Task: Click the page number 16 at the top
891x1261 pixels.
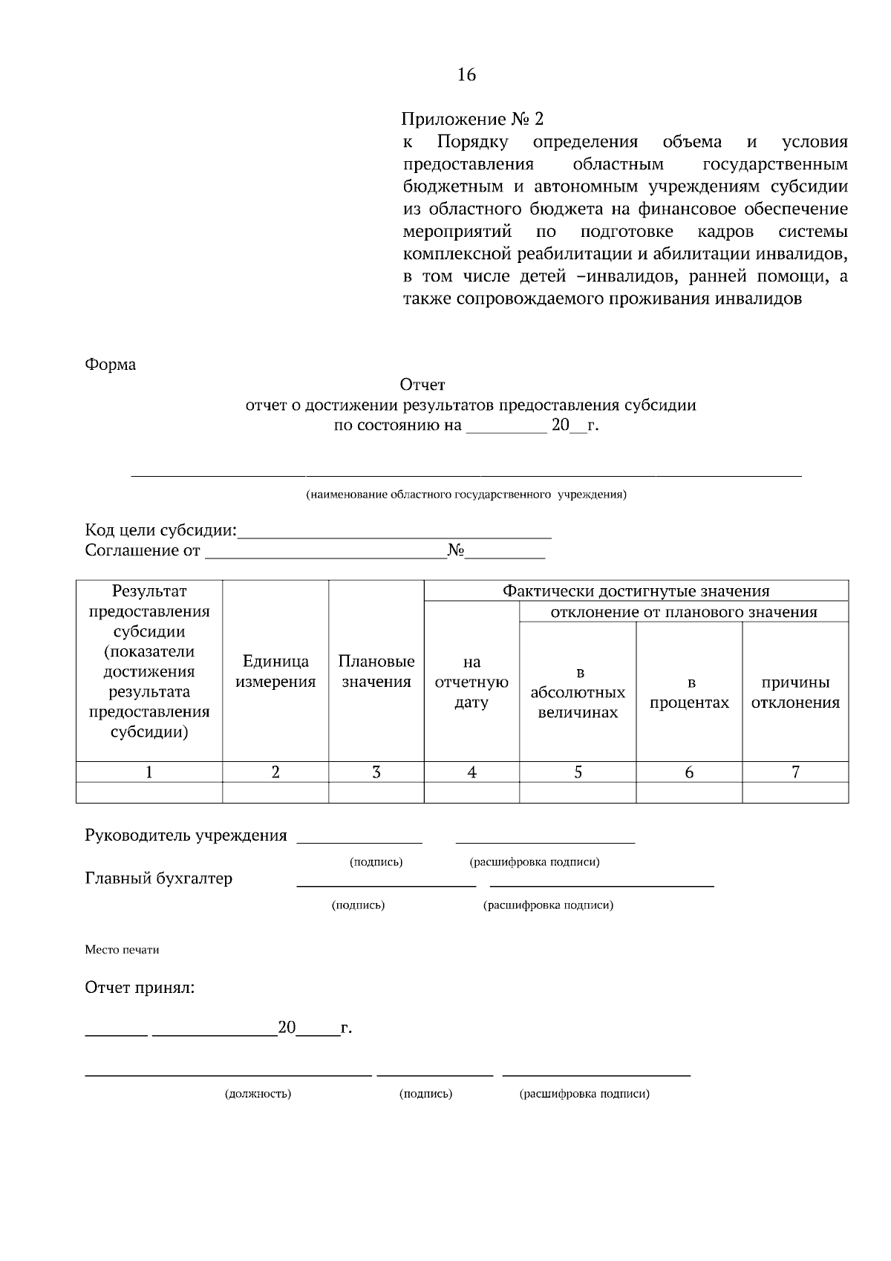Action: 466,75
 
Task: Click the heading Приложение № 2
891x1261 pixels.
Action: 472,119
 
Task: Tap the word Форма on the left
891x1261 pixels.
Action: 111,365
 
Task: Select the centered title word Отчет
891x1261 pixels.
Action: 422,385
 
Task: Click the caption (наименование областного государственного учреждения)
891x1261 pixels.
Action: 466,495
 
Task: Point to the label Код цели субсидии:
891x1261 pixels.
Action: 160,530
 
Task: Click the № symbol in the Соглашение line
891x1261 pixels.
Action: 455,550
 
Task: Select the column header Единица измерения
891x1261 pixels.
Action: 275,671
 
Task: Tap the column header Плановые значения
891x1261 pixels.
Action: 376,671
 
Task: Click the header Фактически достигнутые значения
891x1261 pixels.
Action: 636,591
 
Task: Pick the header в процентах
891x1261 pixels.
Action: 689,692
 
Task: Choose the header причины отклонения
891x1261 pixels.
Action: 795,692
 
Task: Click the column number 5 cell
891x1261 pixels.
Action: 578,772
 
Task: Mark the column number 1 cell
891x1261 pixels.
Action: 149,772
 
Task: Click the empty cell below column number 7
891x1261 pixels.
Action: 795,792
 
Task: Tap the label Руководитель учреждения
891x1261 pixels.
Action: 186,835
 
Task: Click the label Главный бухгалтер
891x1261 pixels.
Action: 159,879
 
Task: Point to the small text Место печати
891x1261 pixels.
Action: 122,950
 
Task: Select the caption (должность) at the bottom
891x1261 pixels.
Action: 258,1094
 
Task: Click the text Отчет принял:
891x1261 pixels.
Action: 140,988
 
